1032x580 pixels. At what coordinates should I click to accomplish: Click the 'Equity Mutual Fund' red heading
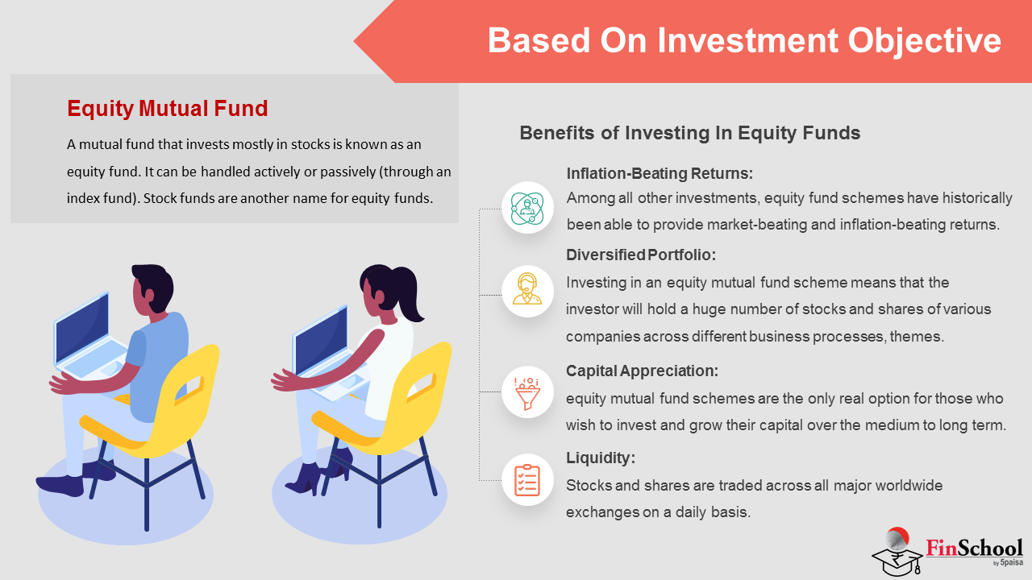[167, 109]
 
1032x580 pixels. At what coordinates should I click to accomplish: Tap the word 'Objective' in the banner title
[925, 41]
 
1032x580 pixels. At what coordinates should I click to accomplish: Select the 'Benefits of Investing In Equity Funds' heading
[689, 133]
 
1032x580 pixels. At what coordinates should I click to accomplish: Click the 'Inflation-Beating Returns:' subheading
[660, 173]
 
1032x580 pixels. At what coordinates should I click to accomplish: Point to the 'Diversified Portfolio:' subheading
[641, 255]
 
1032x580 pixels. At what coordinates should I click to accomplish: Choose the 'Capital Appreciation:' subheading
[642, 371]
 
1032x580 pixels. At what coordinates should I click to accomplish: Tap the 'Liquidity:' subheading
[601, 458]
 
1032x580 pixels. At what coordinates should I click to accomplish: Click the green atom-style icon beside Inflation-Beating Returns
[527, 209]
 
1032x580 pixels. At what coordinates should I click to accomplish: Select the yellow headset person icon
[527, 288]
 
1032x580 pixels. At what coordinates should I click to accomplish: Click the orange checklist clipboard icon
[527, 480]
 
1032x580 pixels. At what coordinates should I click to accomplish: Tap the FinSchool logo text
[974, 549]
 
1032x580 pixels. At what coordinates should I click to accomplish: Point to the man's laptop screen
[83, 328]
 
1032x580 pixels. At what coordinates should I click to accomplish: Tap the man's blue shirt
[157, 363]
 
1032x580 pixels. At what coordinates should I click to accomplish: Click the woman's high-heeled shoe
[305, 479]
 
